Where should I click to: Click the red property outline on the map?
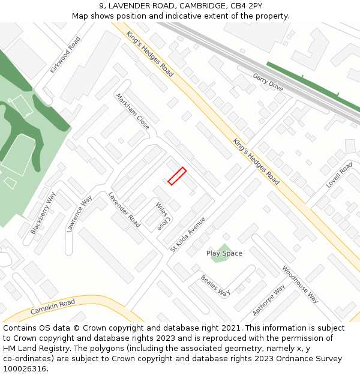pyautogui.click(x=177, y=176)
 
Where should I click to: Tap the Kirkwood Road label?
pyautogui.click(x=65, y=55)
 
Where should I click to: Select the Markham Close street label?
pyautogui.click(x=133, y=111)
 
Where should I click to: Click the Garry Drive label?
pyautogui.click(x=268, y=82)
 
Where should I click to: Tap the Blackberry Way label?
pyautogui.click(x=43, y=213)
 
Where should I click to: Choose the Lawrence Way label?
pyautogui.click(x=80, y=214)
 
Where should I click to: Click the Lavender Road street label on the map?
pyautogui.click(x=124, y=209)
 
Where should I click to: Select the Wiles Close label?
pyautogui.click(x=162, y=217)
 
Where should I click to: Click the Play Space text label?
pyautogui.click(x=224, y=253)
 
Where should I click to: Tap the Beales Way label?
pyautogui.click(x=215, y=286)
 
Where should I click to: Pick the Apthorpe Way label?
pyautogui.click(x=269, y=300)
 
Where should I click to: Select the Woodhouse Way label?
pyautogui.click(x=300, y=284)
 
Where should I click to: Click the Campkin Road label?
pyautogui.click(x=53, y=307)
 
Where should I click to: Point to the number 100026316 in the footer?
pyautogui.click(x=24, y=369)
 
